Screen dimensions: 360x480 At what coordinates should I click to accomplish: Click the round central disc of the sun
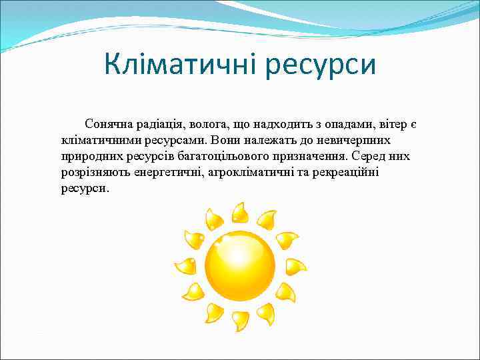(239, 265)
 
